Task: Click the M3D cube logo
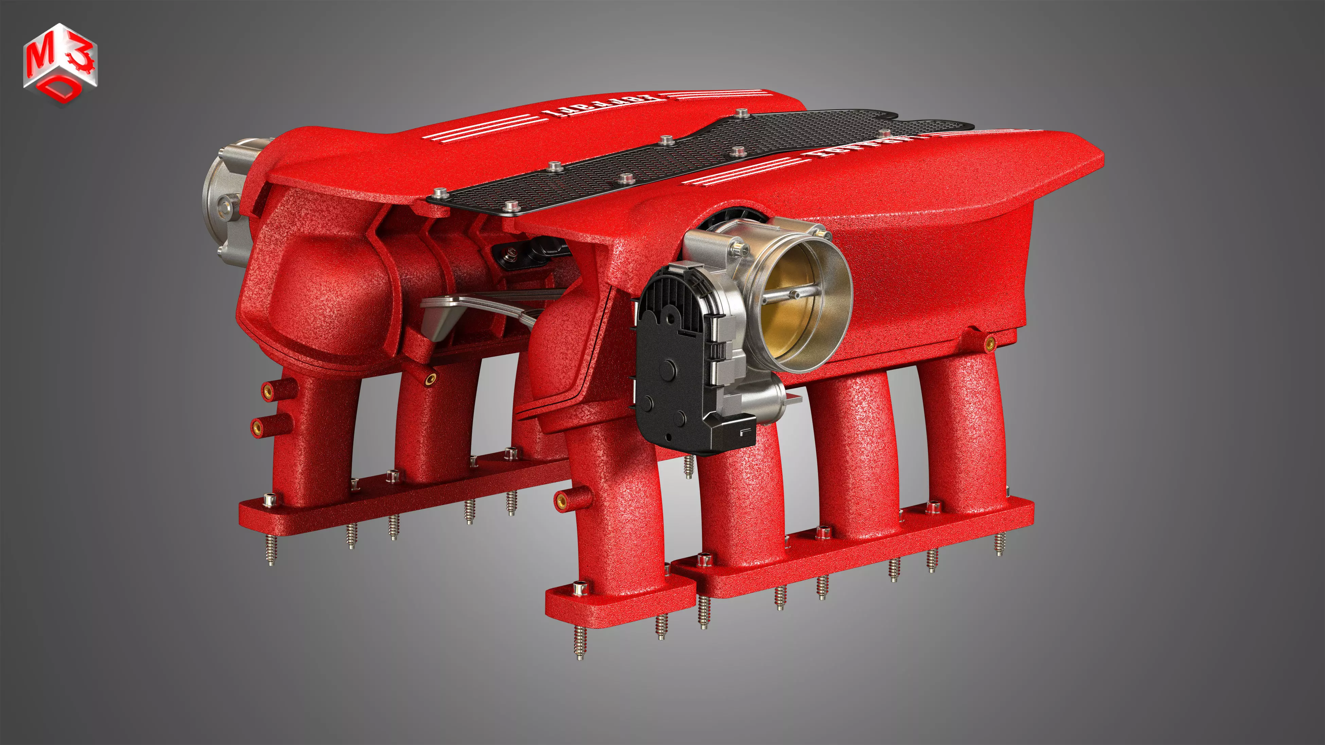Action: (x=60, y=64)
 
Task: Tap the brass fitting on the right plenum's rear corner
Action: (x=989, y=343)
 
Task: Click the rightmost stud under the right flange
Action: (x=1000, y=544)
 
